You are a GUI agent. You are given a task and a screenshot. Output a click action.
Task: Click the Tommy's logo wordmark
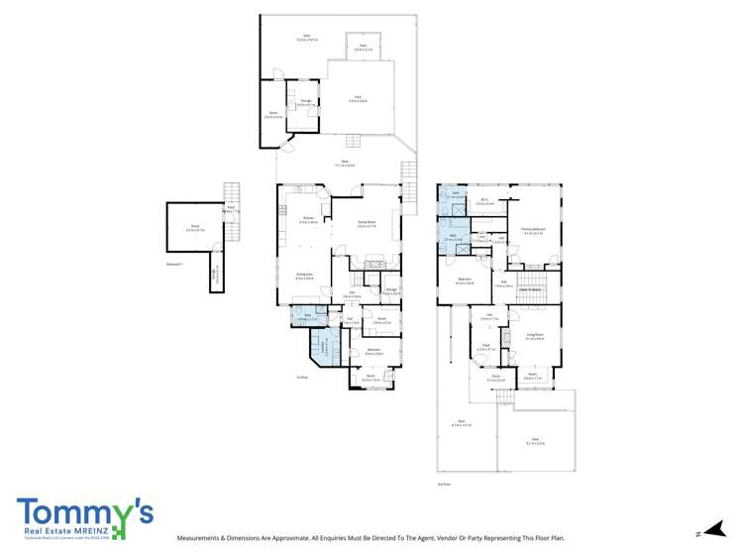[85, 512]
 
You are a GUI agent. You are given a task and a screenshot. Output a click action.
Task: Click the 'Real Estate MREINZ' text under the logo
[62, 532]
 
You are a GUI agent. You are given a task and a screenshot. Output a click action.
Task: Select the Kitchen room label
[308, 220]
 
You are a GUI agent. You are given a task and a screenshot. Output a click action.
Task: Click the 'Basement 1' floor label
[173, 264]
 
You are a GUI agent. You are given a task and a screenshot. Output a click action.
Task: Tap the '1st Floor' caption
[302, 377]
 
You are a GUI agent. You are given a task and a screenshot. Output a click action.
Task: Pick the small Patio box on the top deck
[364, 45]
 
